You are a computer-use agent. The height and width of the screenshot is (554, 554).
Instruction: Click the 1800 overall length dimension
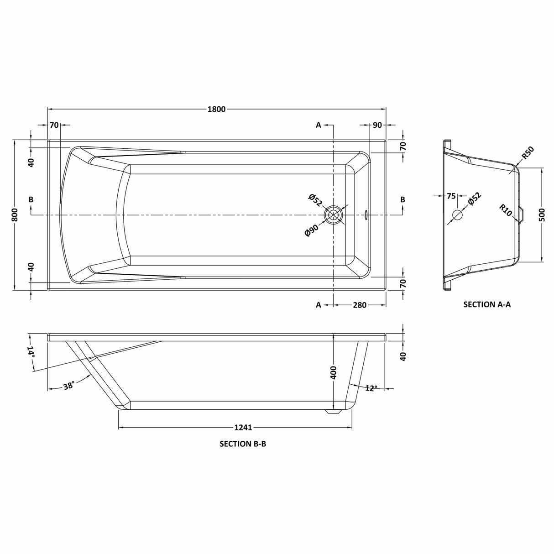tap(217, 109)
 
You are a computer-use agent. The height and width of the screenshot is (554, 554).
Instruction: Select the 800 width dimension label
tap(15, 214)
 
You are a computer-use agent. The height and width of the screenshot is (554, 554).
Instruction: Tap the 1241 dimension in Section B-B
tap(243, 428)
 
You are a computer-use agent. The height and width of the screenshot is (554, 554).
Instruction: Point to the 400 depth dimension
tap(334, 373)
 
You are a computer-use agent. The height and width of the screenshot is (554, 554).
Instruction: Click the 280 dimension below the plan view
tap(360, 305)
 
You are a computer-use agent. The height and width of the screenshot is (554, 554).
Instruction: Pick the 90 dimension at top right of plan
tap(377, 125)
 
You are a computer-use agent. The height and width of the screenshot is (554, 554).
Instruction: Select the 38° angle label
tap(69, 386)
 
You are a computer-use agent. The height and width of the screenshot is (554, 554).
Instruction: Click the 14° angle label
tap(30, 351)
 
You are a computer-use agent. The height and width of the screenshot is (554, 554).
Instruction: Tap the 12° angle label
tap(371, 388)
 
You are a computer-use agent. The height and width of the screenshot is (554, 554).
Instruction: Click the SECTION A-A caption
tap(487, 305)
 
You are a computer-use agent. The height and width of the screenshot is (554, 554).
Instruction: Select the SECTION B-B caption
tap(243, 443)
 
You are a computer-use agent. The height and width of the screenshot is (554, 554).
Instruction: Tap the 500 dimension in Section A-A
tap(542, 214)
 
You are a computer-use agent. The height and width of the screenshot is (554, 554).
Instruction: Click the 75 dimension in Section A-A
tap(451, 196)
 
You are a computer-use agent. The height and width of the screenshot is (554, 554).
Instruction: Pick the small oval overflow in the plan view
tap(366, 214)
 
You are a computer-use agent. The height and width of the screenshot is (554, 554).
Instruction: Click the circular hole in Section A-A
tap(457, 214)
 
